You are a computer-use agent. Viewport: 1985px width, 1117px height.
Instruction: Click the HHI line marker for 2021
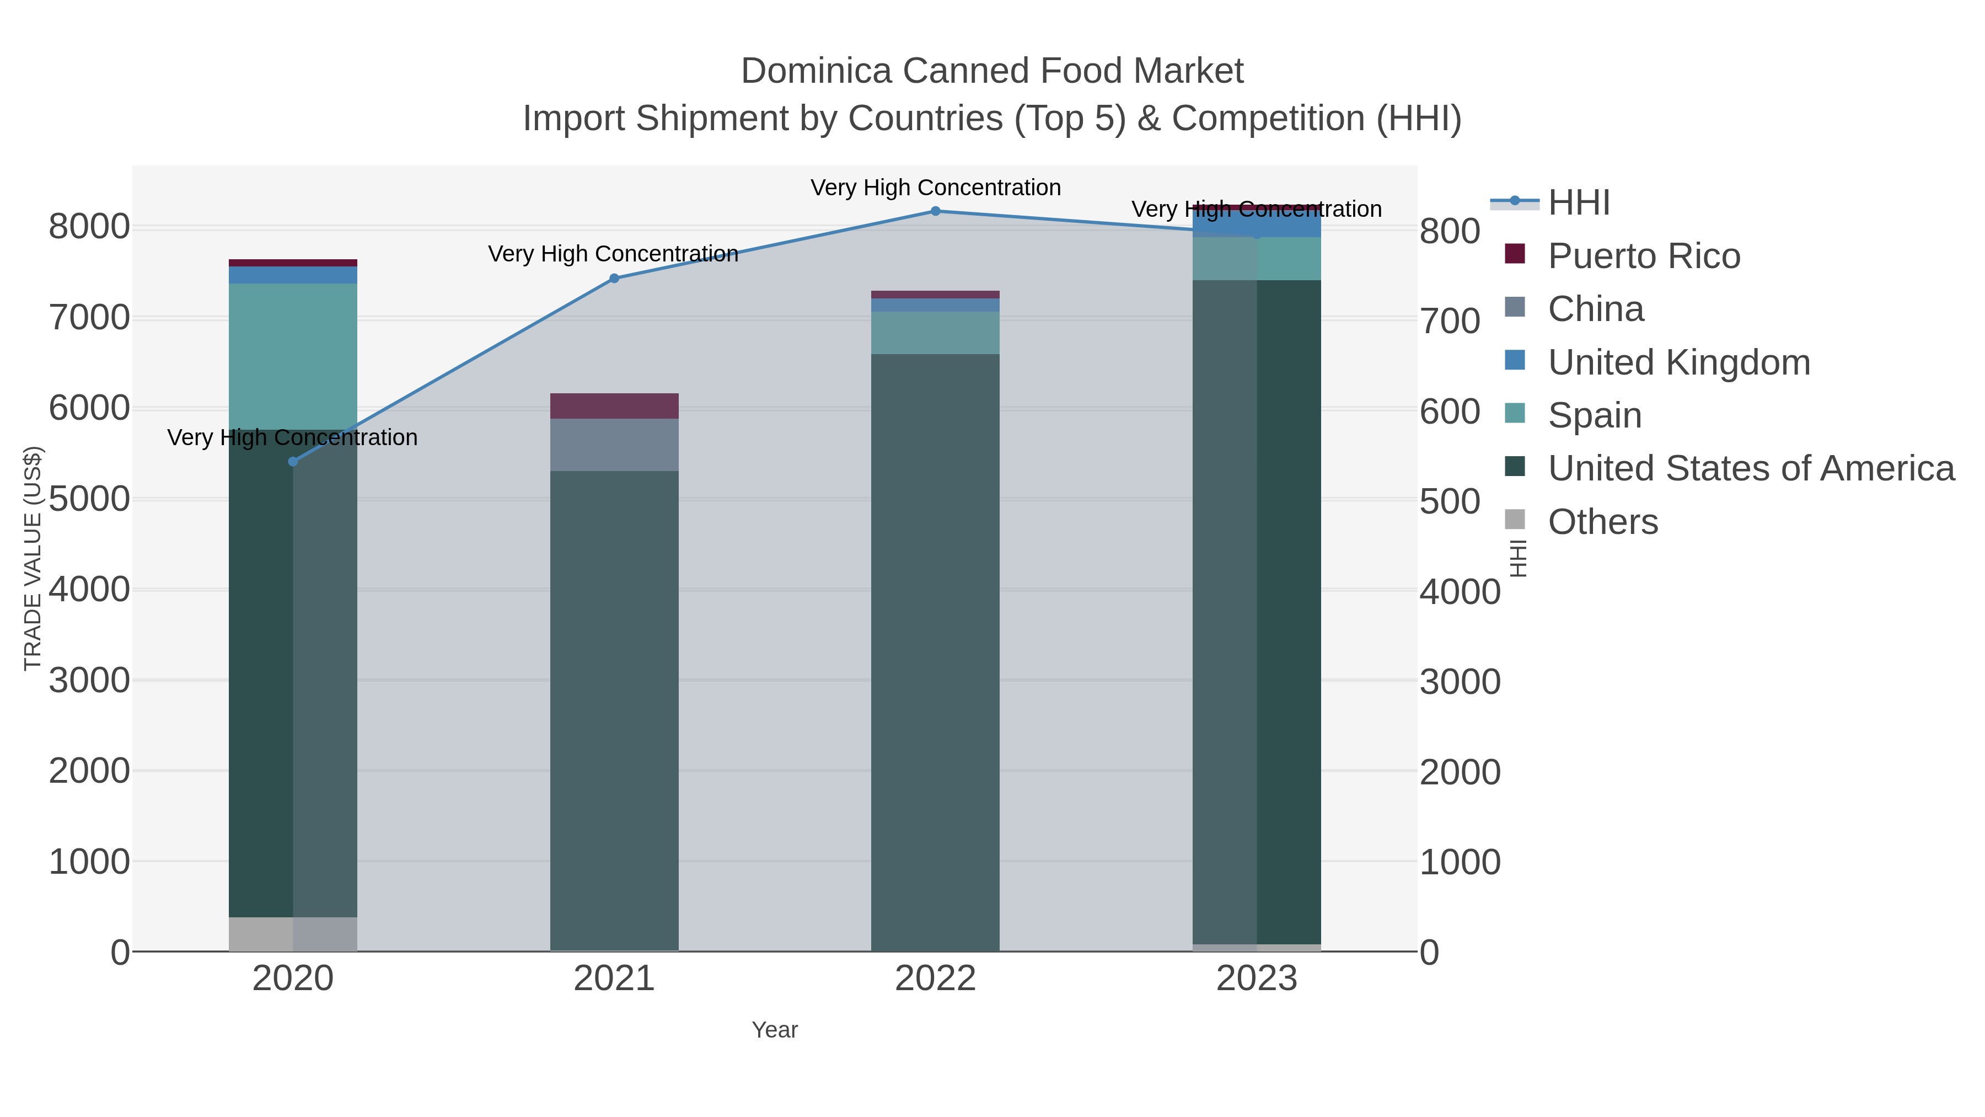pos(614,279)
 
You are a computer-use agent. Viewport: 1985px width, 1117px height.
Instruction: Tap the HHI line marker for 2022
pos(936,211)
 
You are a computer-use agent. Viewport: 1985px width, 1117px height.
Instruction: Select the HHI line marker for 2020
pos(293,462)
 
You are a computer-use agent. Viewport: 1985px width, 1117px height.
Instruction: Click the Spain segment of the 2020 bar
pos(293,356)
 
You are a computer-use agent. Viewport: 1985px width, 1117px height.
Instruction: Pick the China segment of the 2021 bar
pos(614,445)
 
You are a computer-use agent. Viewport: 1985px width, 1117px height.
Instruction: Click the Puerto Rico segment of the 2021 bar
pos(614,406)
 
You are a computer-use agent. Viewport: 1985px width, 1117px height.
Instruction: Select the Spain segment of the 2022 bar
pos(936,333)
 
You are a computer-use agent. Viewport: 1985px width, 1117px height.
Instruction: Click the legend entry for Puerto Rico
pos(1644,256)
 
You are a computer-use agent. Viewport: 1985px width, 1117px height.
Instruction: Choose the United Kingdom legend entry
pos(1678,362)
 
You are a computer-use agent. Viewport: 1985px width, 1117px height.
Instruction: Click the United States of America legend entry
pos(1751,469)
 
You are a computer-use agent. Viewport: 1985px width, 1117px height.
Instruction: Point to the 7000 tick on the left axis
pos(89,318)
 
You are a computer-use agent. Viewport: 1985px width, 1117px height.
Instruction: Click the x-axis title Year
pos(775,1030)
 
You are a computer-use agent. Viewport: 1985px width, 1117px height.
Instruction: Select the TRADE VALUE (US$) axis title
pos(33,558)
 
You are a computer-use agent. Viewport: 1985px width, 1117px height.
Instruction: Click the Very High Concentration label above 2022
pos(936,188)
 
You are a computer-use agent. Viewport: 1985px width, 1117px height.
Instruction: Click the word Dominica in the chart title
pos(816,71)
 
